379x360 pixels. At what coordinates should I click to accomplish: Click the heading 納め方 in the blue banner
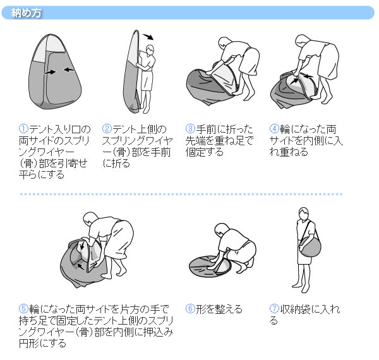pos(27,13)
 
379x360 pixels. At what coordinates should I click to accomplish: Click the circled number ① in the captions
pos(24,129)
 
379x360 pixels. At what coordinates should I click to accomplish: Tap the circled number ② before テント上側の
pos(107,129)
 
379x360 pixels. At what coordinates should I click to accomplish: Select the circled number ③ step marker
pos(190,129)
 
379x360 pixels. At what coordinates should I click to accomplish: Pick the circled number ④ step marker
pos(274,129)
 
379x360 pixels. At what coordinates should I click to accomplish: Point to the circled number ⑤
pos(24,309)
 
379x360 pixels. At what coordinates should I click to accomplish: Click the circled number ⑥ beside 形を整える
pos(190,309)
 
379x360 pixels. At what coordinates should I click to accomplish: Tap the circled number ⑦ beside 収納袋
pos(274,309)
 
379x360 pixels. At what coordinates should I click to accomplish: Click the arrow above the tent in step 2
pos(148,37)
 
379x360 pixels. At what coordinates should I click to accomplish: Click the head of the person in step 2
pos(150,50)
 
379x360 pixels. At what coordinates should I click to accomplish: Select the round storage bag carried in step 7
pos(310,247)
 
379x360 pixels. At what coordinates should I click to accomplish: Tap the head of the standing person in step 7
pos(304,213)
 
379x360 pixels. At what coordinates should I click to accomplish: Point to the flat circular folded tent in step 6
pos(210,266)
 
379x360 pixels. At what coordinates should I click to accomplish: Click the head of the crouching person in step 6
pos(221,229)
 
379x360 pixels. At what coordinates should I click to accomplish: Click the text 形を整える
pos(219,309)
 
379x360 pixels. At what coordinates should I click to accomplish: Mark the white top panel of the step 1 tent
pos(49,47)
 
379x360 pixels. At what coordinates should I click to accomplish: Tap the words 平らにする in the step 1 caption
pos(42,174)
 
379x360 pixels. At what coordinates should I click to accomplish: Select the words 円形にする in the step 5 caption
pos(42,343)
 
